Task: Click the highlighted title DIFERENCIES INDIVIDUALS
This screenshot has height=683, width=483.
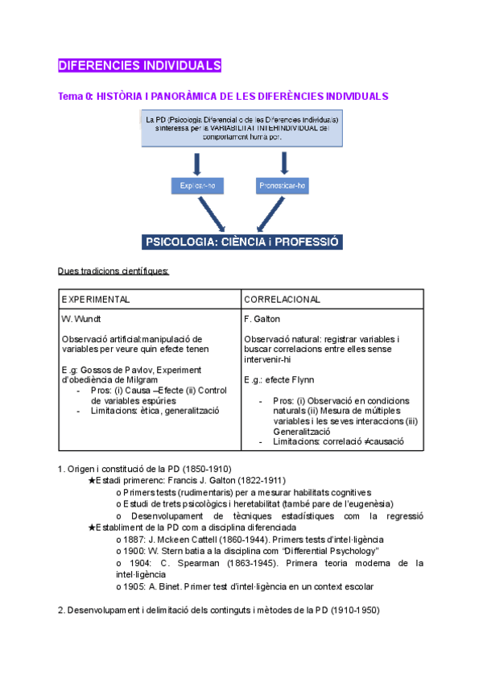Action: tap(139, 64)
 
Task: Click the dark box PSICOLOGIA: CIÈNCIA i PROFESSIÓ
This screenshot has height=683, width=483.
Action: tap(242, 242)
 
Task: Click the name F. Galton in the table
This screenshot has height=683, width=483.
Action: tap(262, 318)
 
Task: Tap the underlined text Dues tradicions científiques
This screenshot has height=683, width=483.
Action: tap(113, 271)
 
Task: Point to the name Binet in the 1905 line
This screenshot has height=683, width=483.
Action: tap(171, 587)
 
